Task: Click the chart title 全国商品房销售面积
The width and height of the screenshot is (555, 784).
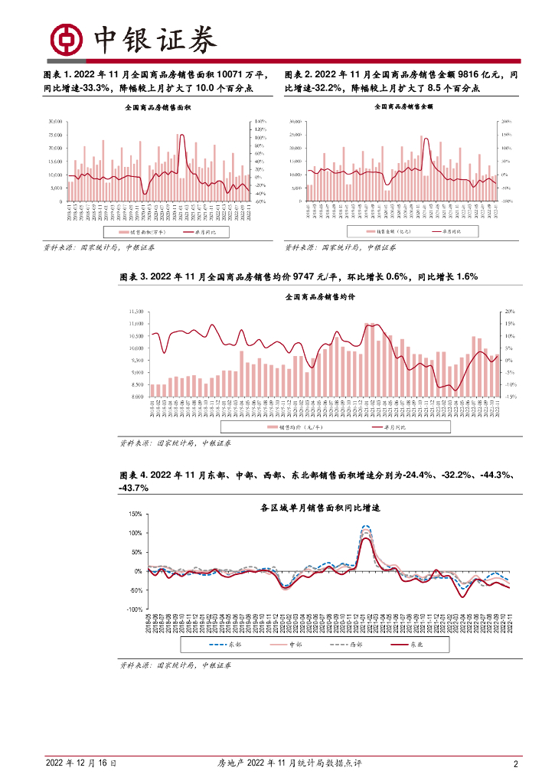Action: click(158, 109)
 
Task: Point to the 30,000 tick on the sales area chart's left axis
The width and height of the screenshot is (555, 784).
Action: click(54, 122)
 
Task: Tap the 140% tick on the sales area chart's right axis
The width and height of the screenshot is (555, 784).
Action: click(260, 122)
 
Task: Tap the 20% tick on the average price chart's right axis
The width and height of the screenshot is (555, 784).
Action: click(510, 312)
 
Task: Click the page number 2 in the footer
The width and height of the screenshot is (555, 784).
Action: click(515, 763)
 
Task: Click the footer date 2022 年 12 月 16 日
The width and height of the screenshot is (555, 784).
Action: click(80, 763)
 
